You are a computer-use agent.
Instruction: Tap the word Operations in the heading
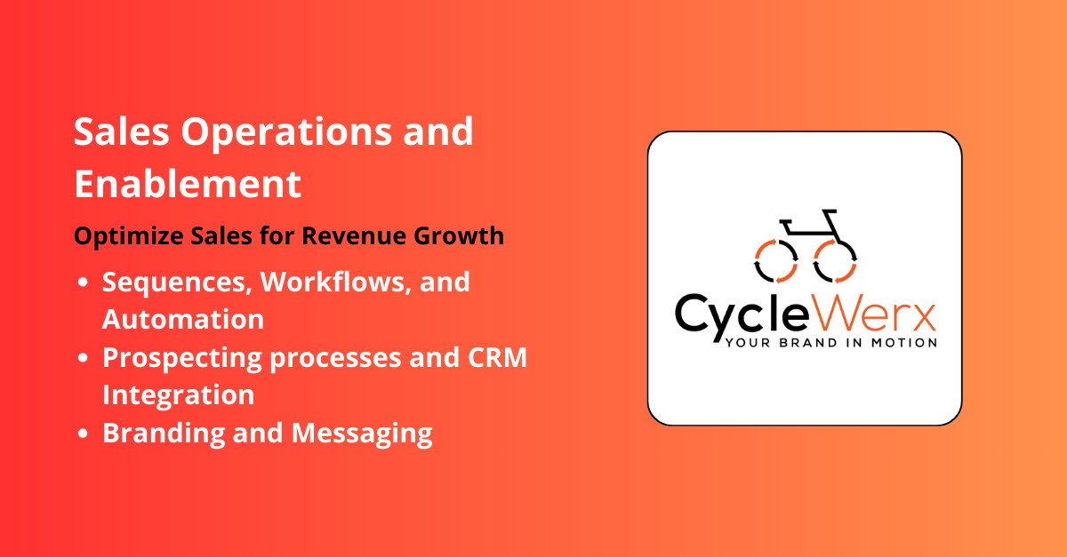coord(289,133)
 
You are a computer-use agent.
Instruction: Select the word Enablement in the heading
coord(188,184)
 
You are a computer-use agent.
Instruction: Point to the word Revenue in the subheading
coord(381,236)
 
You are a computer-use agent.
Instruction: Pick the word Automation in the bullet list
coord(183,319)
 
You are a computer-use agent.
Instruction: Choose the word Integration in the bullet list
coord(179,394)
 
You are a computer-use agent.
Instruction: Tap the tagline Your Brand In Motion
coord(831,343)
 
